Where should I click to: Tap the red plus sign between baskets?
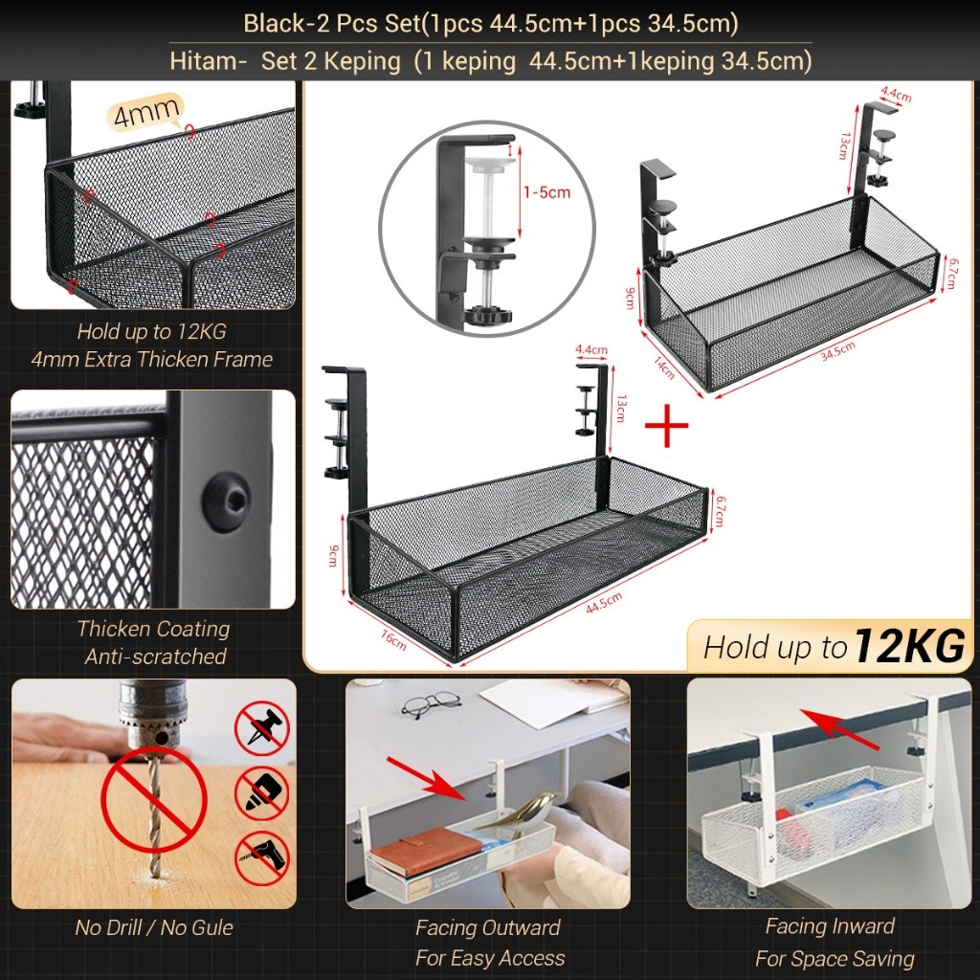point(666,426)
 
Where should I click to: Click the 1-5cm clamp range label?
point(546,191)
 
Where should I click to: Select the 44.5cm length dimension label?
point(605,603)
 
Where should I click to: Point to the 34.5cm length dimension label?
point(838,352)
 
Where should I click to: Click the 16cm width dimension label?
point(393,639)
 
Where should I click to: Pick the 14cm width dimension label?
point(664,367)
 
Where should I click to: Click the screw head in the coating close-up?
point(226,501)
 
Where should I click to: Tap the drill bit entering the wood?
point(153,813)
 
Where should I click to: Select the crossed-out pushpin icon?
point(262,728)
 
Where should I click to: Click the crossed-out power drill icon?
point(262,857)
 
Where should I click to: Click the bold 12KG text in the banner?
point(909,646)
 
